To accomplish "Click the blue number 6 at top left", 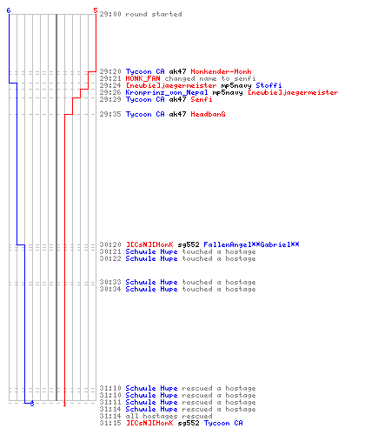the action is pyautogui.click(x=9, y=10).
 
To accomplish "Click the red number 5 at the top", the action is pyautogui.click(x=96, y=10).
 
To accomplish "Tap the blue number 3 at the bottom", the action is pyautogui.click(x=32, y=403).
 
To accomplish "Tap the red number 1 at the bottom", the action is pyautogui.click(x=64, y=404).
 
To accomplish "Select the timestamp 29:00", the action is pyautogui.click(x=110, y=14).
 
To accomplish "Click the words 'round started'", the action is pyautogui.click(x=154, y=14).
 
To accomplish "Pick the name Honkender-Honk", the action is pyautogui.click(x=221, y=71).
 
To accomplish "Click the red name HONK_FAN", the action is pyautogui.click(x=142, y=78).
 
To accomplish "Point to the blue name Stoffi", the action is pyautogui.click(x=268, y=85).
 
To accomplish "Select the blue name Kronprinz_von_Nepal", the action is pyautogui.click(x=167, y=92).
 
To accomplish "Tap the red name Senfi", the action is pyautogui.click(x=202, y=99).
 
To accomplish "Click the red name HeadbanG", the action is pyautogui.click(x=208, y=114).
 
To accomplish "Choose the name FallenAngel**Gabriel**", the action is pyautogui.click(x=251, y=244).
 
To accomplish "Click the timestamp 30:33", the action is pyautogui.click(x=110, y=282).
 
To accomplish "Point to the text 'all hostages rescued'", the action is pyautogui.click(x=169, y=416).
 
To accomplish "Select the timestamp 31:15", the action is pyautogui.click(x=110, y=423).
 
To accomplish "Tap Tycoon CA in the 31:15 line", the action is pyautogui.click(x=223, y=423).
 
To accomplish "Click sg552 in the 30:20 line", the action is pyautogui.click(x=189, y=244).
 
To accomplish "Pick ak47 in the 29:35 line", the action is pyautogui.click(x=177, y=114).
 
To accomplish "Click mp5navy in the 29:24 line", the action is pyautogui.click(x=236, y=85).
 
